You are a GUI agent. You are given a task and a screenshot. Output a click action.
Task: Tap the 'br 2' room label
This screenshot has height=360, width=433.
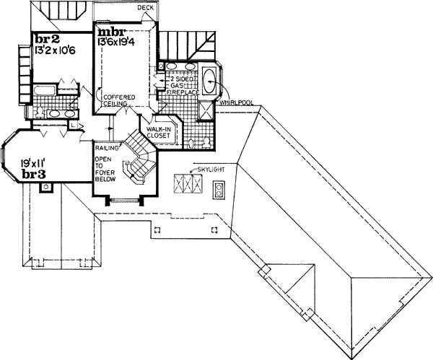tap(45, 39)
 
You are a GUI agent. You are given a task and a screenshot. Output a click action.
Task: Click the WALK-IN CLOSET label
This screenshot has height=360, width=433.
tap(158, 132)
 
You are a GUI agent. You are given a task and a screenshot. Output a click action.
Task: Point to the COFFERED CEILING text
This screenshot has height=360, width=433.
tap(115, 100)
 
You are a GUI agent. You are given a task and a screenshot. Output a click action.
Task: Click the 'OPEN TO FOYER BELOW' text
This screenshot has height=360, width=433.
tap(104, 172)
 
